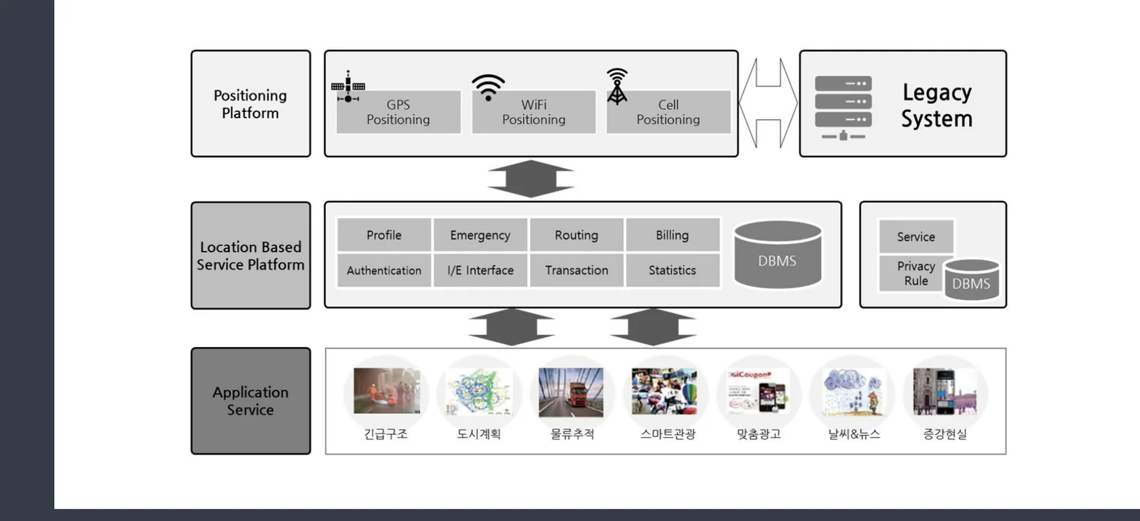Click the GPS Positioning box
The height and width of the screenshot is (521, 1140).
click(398, 112)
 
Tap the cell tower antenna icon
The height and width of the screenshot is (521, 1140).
click(617, 87)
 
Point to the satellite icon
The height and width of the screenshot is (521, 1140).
click(348, 86)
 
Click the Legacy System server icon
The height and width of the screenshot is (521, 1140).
click(844, 108)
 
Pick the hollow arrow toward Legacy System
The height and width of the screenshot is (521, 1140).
click(769, 103)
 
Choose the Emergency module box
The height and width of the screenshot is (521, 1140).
click(480, 234)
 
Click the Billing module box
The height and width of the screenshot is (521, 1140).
click(673, 234)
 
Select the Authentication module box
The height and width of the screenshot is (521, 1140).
click(384, 270)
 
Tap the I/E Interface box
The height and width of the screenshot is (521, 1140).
click(480, 270)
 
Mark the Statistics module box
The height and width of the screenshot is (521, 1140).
click(673, 270)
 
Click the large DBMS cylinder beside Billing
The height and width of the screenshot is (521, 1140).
click(777, 254)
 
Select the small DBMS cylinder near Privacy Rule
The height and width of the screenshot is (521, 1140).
click(972, 279)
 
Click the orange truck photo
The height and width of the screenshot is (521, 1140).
click(571, 392)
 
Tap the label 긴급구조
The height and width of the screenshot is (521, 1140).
click(385, 434)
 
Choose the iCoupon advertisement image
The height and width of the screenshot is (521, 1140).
click(758, 391)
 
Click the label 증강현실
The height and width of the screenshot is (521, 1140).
click(945, 434)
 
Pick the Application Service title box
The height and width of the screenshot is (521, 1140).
click(251, 401)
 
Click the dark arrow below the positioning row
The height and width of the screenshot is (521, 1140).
click(531, 179)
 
